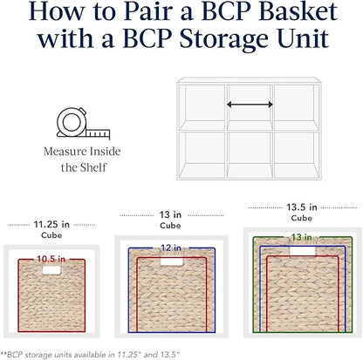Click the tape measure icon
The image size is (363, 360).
point(83,123)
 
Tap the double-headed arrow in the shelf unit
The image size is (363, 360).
point(250,105)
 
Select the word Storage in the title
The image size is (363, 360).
point(223,38)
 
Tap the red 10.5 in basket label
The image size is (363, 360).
point(51,259)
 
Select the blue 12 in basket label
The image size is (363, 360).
point(171,248)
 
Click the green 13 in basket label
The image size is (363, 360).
point(302,237)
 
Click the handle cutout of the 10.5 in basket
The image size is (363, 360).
point(51,270)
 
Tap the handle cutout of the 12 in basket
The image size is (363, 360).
point(172,262)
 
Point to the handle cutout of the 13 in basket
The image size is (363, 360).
point(303,251)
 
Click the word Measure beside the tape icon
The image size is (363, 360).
point(65,152)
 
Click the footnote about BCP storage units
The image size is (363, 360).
point(91,355)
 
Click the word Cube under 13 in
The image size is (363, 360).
point(170,226)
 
